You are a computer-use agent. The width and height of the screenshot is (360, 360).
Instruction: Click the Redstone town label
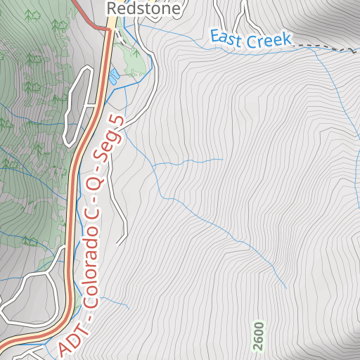pos(143,8)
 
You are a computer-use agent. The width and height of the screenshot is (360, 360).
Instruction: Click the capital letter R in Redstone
pos(111,8)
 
